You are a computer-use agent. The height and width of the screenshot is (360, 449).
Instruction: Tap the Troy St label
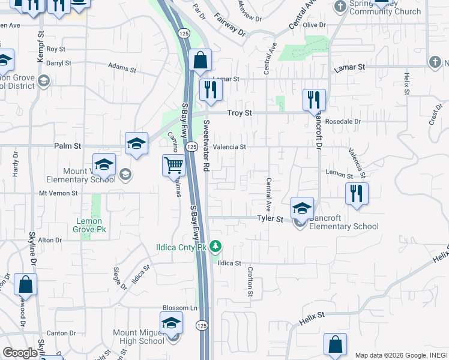[239, 113]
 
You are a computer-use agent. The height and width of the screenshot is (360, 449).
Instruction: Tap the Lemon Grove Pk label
[89, 225]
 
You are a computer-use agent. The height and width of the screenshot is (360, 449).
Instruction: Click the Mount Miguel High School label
[139, 337]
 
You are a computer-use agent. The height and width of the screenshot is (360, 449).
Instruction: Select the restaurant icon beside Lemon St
[357, 193]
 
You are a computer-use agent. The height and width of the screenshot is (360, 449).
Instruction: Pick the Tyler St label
[270, 220]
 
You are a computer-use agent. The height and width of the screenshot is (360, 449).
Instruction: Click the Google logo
[20, 353]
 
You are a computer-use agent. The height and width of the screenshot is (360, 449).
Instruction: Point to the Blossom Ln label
[179, 308]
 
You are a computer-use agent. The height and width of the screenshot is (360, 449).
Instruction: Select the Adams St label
[122, 67]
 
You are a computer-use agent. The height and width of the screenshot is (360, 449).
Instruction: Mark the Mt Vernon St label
[59, 193]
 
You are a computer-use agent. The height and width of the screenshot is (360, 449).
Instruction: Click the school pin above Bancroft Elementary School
[302, 208]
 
